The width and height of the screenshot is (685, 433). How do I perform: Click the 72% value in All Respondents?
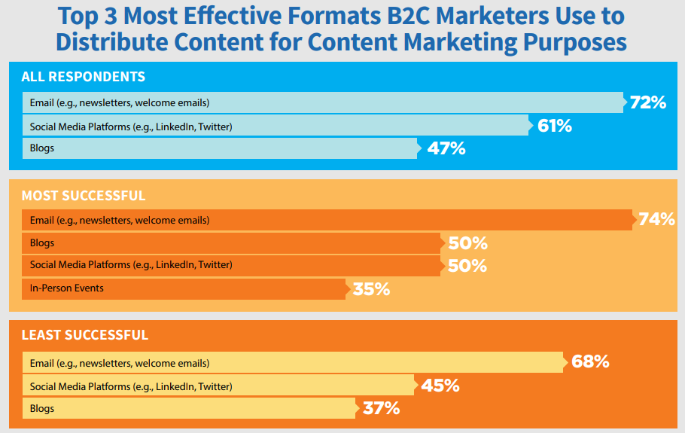click(648, 102)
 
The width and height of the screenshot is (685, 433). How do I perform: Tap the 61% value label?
click(554, 126)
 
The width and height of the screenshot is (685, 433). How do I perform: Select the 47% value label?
click(447, 148)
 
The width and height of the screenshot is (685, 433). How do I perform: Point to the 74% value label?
click(656, 220)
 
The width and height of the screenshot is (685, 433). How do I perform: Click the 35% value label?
click(371, 288)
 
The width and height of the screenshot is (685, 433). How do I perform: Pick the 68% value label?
click(590, 361)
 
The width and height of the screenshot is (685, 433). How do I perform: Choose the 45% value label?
click(440, 386)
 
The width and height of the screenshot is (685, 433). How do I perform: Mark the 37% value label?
click(381, 409)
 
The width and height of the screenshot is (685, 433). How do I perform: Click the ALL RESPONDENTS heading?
click(84, 77)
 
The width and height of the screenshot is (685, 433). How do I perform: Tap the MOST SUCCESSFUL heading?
click(84, 196)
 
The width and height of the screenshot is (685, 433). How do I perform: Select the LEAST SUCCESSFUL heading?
click(85, 335)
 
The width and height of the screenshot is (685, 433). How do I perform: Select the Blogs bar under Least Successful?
click(189, 409)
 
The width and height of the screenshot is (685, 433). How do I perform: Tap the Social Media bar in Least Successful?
click(218, 386)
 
